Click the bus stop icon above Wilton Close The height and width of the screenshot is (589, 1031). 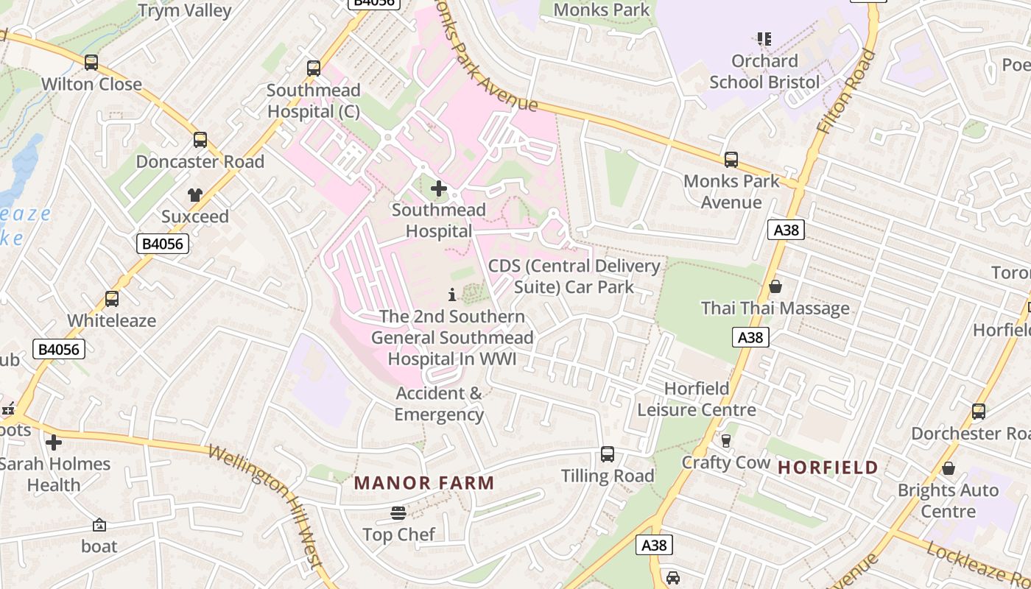coord(91,63)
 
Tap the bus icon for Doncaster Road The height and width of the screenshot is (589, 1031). coord(200,140)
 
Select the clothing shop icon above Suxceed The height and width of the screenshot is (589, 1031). coord(194,195)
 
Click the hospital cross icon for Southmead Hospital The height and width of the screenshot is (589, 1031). coord(439,188)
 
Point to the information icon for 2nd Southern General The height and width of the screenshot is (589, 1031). coord(452,294)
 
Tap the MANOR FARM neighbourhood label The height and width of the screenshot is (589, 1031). coord(424,483)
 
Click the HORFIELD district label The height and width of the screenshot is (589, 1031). coord(828,467)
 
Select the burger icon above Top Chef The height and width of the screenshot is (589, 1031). coord(398,512)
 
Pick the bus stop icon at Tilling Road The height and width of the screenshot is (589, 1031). coord(608,454)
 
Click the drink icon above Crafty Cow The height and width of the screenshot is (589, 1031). coord(726,440)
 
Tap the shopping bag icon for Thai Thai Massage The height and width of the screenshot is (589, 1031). coord(775,286)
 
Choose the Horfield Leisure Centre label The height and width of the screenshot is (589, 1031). coord(697,399)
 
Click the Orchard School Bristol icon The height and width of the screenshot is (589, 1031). coord(764,38)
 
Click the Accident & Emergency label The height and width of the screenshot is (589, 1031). coord(439,403)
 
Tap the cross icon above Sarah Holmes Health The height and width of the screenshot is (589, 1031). coord(54,442)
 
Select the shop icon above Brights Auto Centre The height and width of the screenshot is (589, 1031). coord(949,468)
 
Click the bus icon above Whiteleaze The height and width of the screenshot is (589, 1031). coord(112,299)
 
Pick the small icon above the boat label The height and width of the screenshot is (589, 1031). coord(99,525)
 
